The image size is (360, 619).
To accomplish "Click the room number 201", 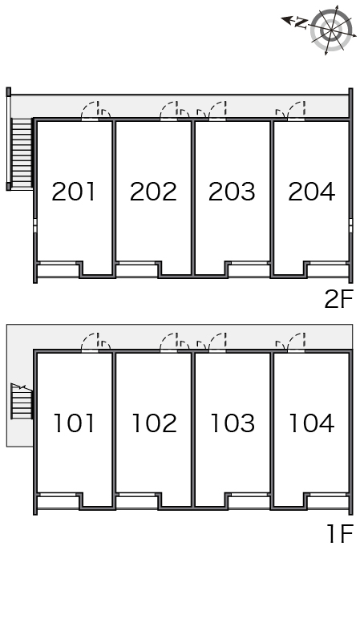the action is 74,192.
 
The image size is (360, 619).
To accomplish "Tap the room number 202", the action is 153,192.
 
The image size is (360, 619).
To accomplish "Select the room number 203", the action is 232,192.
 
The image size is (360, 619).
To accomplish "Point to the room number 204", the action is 311,192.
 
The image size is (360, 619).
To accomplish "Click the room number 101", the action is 75,423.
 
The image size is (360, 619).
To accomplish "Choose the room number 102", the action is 154,423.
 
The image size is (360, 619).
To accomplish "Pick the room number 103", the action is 233,423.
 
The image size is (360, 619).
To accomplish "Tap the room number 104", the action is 312,423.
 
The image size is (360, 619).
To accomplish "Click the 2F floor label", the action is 338,299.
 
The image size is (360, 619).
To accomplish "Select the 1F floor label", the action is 340,534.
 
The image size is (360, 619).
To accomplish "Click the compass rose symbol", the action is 331,30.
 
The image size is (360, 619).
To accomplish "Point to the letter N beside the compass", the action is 301,23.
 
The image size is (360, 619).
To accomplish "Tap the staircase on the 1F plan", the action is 22,401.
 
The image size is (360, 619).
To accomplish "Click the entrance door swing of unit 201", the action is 90,111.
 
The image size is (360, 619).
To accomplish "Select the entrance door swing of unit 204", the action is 296,111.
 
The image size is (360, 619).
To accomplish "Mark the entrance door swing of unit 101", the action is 90,342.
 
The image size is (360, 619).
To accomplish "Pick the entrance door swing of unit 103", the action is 217,342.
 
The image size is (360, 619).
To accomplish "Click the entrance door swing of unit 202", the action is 169,111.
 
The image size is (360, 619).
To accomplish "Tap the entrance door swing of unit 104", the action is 296,342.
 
